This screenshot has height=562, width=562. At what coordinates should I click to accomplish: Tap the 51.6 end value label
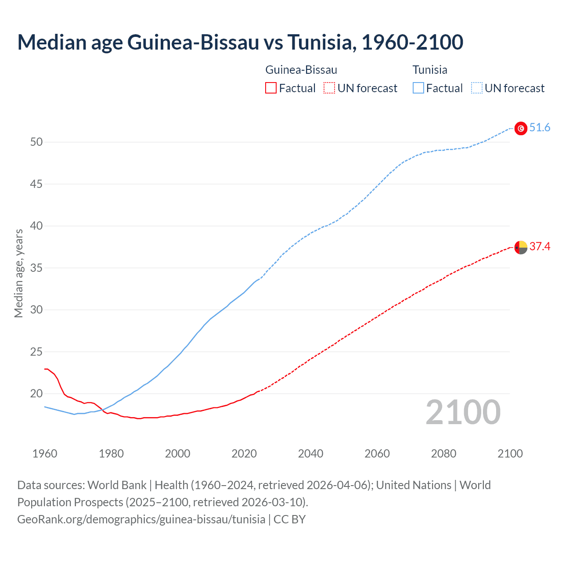(540, 128)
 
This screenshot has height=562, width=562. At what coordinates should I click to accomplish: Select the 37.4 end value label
(540, 247)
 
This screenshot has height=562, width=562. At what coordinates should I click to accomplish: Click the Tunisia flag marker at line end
(521, 128)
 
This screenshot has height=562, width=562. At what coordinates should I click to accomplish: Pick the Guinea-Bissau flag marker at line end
(521, 248)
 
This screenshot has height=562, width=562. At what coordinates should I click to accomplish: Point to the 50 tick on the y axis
(36, 142)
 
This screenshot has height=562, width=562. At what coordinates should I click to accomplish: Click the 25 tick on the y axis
(36, 352)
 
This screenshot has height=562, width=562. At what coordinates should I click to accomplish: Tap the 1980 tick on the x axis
(111, 454)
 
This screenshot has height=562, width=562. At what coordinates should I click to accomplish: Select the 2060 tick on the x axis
(377, 454)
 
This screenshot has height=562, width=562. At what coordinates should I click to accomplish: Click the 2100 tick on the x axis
(510, 454)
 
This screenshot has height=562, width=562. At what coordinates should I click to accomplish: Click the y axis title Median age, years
(18, 273)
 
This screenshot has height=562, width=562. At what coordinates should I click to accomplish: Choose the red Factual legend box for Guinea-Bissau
(271, 88)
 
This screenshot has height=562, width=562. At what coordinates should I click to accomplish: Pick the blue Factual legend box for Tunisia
(418, 88)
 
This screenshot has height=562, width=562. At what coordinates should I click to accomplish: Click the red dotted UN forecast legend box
(329, 88)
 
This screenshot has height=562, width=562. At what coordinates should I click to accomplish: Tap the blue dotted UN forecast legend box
(476, 88)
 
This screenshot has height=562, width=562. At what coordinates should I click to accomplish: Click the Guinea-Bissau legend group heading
(301, 70)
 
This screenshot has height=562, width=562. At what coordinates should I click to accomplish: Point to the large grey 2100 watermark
(463, 412)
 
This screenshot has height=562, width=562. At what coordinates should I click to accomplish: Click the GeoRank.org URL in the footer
(141, 519)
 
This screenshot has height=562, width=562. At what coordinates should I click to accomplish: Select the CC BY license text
(289, 519)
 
